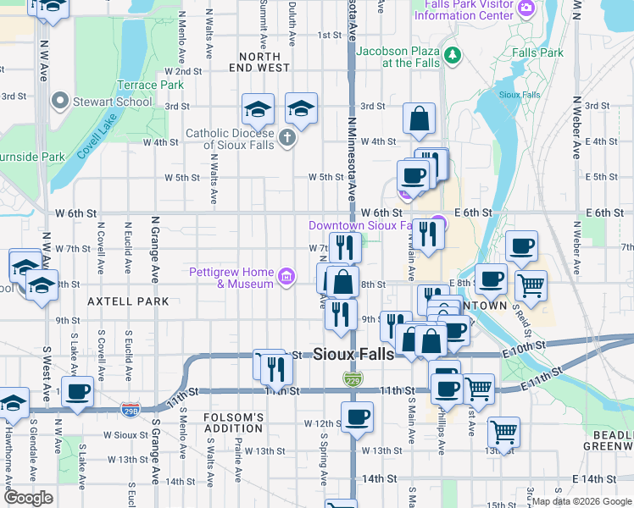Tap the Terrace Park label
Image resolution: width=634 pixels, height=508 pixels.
point(150,85)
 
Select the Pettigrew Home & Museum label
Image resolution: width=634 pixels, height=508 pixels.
point(231,277)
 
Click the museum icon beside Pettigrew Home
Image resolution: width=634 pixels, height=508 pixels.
point(286,276)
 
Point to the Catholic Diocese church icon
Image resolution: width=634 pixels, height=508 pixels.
point(287,137)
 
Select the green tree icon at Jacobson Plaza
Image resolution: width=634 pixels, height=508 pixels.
point(453,56)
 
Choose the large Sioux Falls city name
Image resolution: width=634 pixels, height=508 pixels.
point(353,354)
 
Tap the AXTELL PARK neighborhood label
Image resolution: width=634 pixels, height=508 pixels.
point(126,301)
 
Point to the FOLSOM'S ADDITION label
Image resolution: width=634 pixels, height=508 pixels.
point(234,423)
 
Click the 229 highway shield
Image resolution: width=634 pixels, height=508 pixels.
point(353,380)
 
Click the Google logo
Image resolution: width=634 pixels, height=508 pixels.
point(28,498)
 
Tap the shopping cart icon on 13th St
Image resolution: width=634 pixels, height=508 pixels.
point(503,432)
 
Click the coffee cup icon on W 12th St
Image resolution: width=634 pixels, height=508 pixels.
point(357,416)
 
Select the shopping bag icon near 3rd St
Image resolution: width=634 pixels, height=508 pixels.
point(419,119)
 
